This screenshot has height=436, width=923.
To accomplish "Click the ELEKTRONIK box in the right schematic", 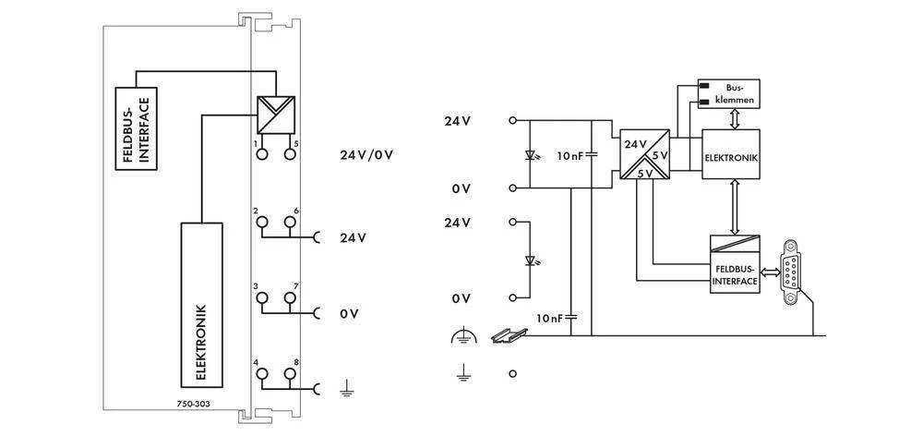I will tap(731, 158).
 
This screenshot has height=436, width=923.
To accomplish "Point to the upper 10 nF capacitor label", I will tap(569, 156).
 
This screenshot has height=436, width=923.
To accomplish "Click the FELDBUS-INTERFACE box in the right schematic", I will tap(735, 273).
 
